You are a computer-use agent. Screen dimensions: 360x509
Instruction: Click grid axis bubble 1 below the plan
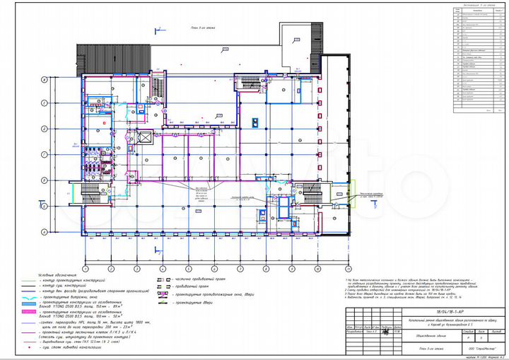pyautogui.click(x=85, y=269)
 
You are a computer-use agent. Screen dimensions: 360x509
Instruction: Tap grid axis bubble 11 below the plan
pyautogui.click(x=348, y=269)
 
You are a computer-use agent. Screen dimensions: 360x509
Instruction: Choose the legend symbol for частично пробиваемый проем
pyautogui.click(x=162, y=279)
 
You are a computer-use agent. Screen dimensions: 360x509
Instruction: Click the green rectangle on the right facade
pyautogui.click(x=341, y=190)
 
